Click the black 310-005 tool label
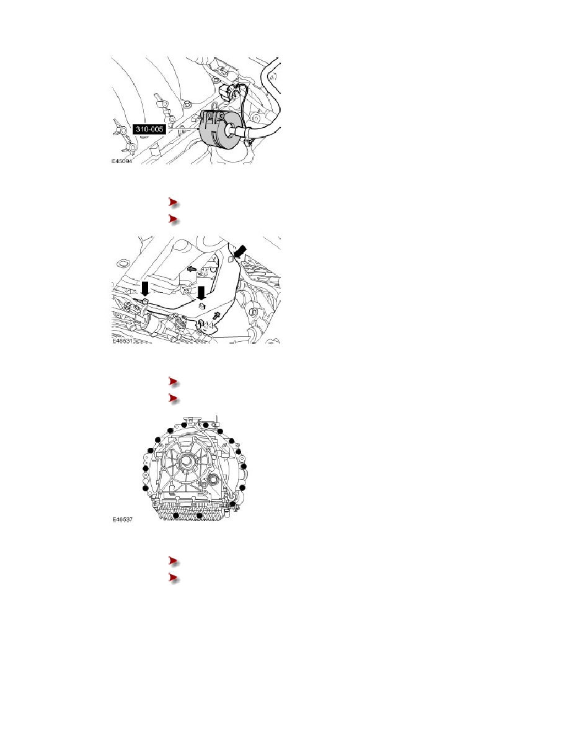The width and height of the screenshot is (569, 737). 149,128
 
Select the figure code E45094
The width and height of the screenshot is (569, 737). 121,161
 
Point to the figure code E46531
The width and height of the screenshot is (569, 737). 122,341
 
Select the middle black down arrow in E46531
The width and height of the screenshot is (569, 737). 201,292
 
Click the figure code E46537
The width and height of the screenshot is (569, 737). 123,519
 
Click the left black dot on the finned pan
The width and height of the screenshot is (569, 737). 175,516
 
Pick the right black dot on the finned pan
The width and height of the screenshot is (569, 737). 200,516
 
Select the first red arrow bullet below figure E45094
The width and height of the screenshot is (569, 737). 173,203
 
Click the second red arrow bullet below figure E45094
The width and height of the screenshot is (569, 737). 173,219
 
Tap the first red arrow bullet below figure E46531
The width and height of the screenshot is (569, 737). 173,382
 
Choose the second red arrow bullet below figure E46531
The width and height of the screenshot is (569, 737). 173,398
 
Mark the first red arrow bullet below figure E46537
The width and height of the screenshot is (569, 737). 173,561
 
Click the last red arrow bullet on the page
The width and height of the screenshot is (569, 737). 173,578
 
